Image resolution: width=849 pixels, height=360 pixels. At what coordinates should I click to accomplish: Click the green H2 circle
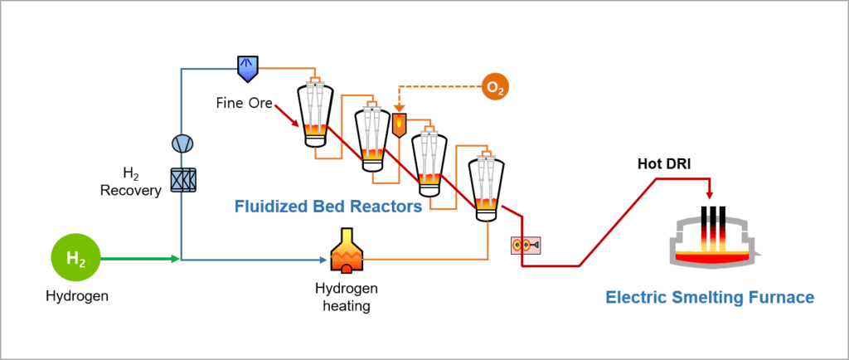75,260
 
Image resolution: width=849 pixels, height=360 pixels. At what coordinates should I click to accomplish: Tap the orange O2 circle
495,86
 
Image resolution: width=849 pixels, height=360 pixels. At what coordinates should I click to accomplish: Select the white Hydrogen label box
77,295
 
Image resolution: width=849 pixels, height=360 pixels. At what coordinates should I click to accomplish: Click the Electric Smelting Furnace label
710,297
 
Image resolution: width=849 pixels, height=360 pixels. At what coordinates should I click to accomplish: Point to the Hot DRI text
665,163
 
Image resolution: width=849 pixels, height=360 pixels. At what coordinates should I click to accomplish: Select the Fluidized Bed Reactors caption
327,205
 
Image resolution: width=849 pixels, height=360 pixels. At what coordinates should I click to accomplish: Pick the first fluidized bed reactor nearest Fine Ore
315,115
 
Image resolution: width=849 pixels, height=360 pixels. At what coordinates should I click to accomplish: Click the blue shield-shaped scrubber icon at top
248,68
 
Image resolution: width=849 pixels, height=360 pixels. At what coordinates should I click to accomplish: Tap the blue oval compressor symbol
181,144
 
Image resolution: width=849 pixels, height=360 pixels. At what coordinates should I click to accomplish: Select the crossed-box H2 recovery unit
182,180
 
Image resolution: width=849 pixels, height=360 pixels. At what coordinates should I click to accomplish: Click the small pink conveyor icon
526,246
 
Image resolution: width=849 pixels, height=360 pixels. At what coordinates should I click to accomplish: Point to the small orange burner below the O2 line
399,124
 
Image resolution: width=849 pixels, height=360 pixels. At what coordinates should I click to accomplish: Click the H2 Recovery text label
129,182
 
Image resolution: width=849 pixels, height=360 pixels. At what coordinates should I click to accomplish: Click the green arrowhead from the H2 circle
174,260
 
